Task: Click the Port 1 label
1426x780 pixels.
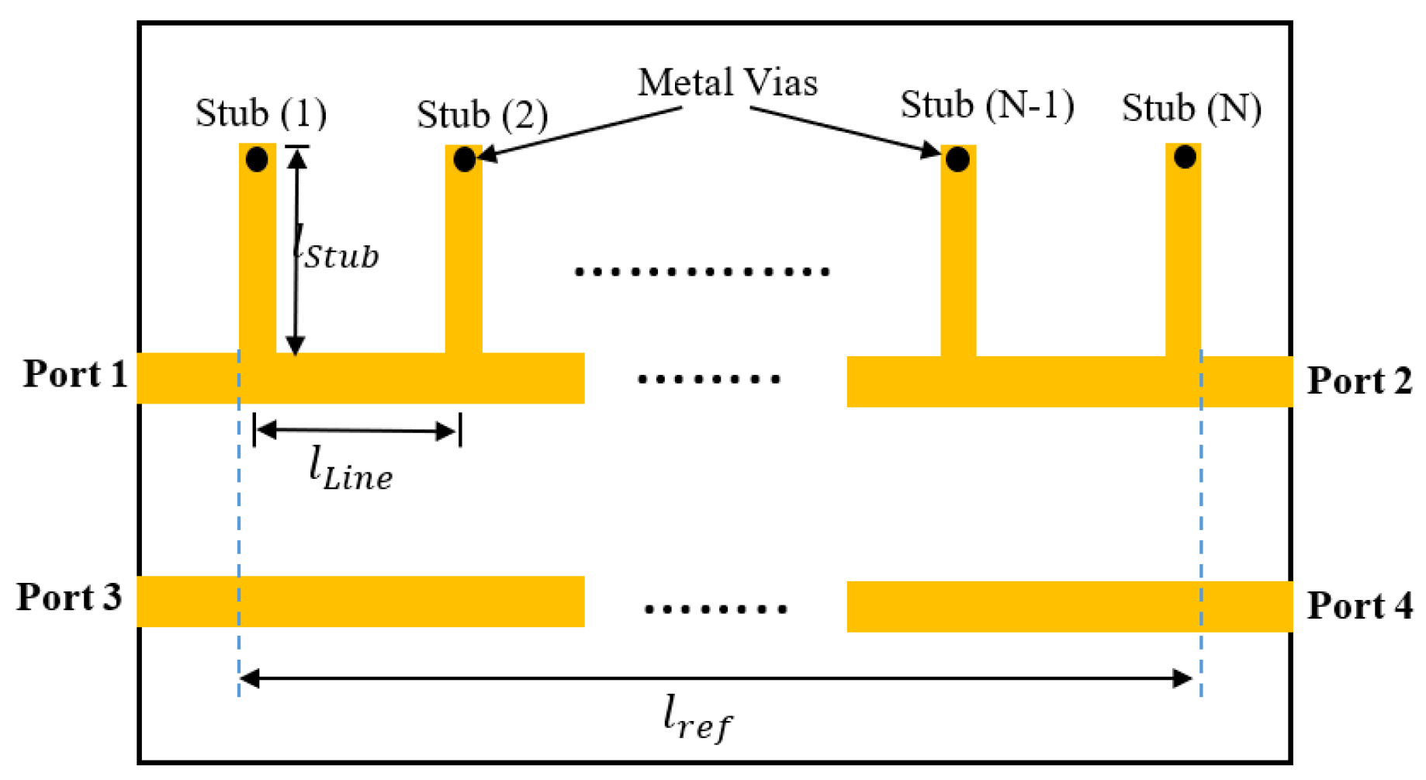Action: tap(75, 374)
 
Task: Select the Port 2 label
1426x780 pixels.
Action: tap(1359, 381)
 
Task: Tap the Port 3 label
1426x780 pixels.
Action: tap(70, 597)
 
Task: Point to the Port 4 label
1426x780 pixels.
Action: tap(1359, 605)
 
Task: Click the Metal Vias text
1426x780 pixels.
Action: tap(727, 82)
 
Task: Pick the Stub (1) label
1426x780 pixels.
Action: tap(261, 113)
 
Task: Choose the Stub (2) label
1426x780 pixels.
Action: tap(482, 115)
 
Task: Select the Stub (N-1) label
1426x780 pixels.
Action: tap(987, 105)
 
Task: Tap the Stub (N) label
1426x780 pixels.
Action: tap(1191, 108)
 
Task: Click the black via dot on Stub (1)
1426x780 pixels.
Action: tap(257, 160)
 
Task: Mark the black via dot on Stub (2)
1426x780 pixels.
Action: tap(464, 160)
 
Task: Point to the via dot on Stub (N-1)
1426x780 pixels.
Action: tap(957, 160)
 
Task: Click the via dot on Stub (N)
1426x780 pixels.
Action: tap(1185, 158)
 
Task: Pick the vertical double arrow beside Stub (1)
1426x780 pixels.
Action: tap(296, 251)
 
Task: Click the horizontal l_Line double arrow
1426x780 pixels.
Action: tap(356, 430)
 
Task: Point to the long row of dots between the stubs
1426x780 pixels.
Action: tap(702, 272)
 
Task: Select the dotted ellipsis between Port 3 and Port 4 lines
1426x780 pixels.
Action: tap(715, 609)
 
